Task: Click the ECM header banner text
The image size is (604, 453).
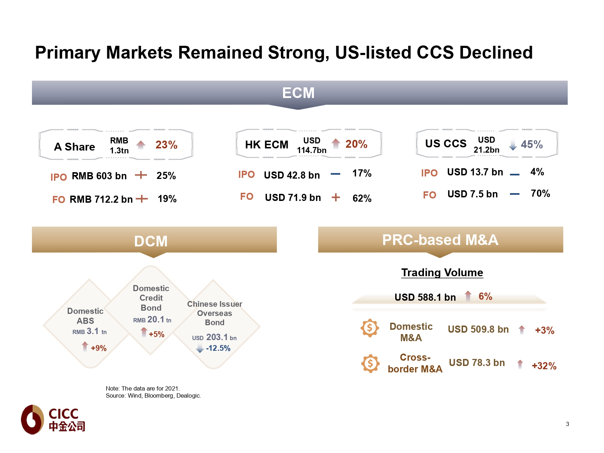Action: [298, 93]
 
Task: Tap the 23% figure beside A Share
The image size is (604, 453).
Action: [166, 145]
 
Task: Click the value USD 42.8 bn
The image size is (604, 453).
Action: [292, 175]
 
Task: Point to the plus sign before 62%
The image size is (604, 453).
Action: [336, 197]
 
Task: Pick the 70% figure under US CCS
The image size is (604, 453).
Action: [540, 193]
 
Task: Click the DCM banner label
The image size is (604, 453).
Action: [151, 241]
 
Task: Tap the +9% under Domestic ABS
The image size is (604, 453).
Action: [98, 348]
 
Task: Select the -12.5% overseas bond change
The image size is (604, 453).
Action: [218, 348]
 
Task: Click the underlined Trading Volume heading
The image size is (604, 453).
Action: [442, 272]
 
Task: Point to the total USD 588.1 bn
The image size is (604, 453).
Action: [425, 297]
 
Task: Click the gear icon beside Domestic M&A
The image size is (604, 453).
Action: [370, 328]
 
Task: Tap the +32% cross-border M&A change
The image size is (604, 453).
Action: [544, 366]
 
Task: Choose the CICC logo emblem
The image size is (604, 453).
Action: [32, 419]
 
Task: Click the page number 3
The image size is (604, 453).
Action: [567, 424]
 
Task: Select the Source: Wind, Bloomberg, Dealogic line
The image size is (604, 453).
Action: [153, 395]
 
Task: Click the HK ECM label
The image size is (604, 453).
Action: [267, 144]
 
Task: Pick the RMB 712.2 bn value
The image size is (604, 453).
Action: [101, 199]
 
